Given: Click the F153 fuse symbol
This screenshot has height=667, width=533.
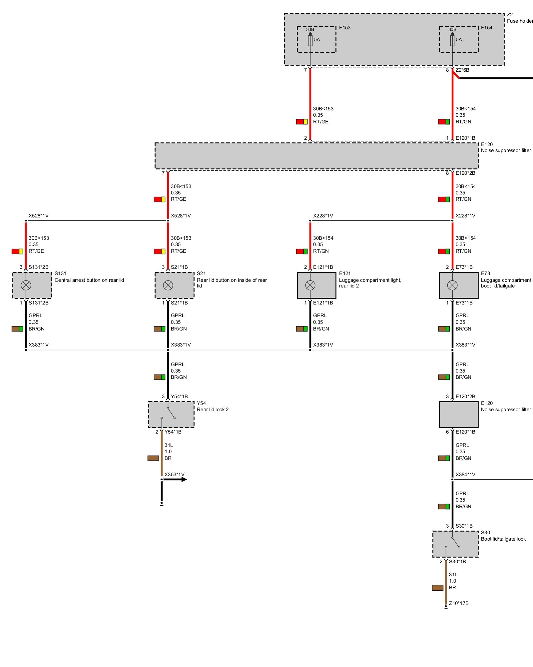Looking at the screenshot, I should [310, 40].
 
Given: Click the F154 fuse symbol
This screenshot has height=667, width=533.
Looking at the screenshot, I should [452, 40].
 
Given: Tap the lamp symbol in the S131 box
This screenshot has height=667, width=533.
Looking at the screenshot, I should [26, 285].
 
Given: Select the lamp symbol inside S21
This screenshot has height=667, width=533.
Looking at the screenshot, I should [168, 285].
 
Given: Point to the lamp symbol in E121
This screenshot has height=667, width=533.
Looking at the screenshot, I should [310, 285].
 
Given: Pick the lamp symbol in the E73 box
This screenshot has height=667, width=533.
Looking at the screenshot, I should [452, 285].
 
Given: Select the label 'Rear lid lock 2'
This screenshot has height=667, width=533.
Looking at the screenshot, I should [213, 410].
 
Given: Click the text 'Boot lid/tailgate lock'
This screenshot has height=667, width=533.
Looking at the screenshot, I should [503, 539].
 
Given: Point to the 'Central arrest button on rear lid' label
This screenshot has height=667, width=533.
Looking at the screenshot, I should [89, 280].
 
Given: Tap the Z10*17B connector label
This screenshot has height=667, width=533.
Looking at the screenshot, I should [458, 603].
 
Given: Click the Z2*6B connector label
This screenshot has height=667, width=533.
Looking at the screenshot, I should [462, 70].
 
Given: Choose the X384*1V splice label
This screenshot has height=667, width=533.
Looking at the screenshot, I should [465, 474].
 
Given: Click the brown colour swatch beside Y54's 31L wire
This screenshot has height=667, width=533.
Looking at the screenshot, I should [153, 458].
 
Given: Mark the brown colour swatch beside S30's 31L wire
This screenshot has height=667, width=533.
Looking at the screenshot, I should [437, 588].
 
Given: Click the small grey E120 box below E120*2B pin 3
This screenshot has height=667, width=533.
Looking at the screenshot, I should [458, 415].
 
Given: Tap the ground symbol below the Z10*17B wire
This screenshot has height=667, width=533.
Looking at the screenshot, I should [446, 608].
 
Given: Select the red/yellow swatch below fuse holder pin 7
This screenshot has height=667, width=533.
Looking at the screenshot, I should [301, 122].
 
